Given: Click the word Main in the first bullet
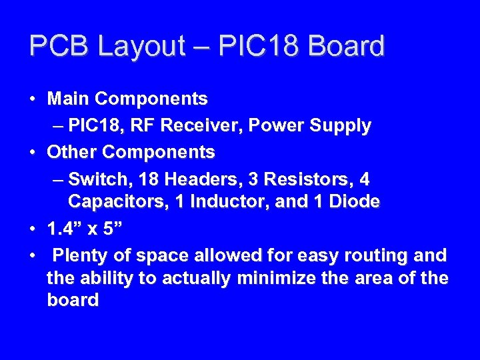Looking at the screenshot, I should click(x=68, y=99).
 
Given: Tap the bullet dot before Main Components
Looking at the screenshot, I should click(x=32, y=100).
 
